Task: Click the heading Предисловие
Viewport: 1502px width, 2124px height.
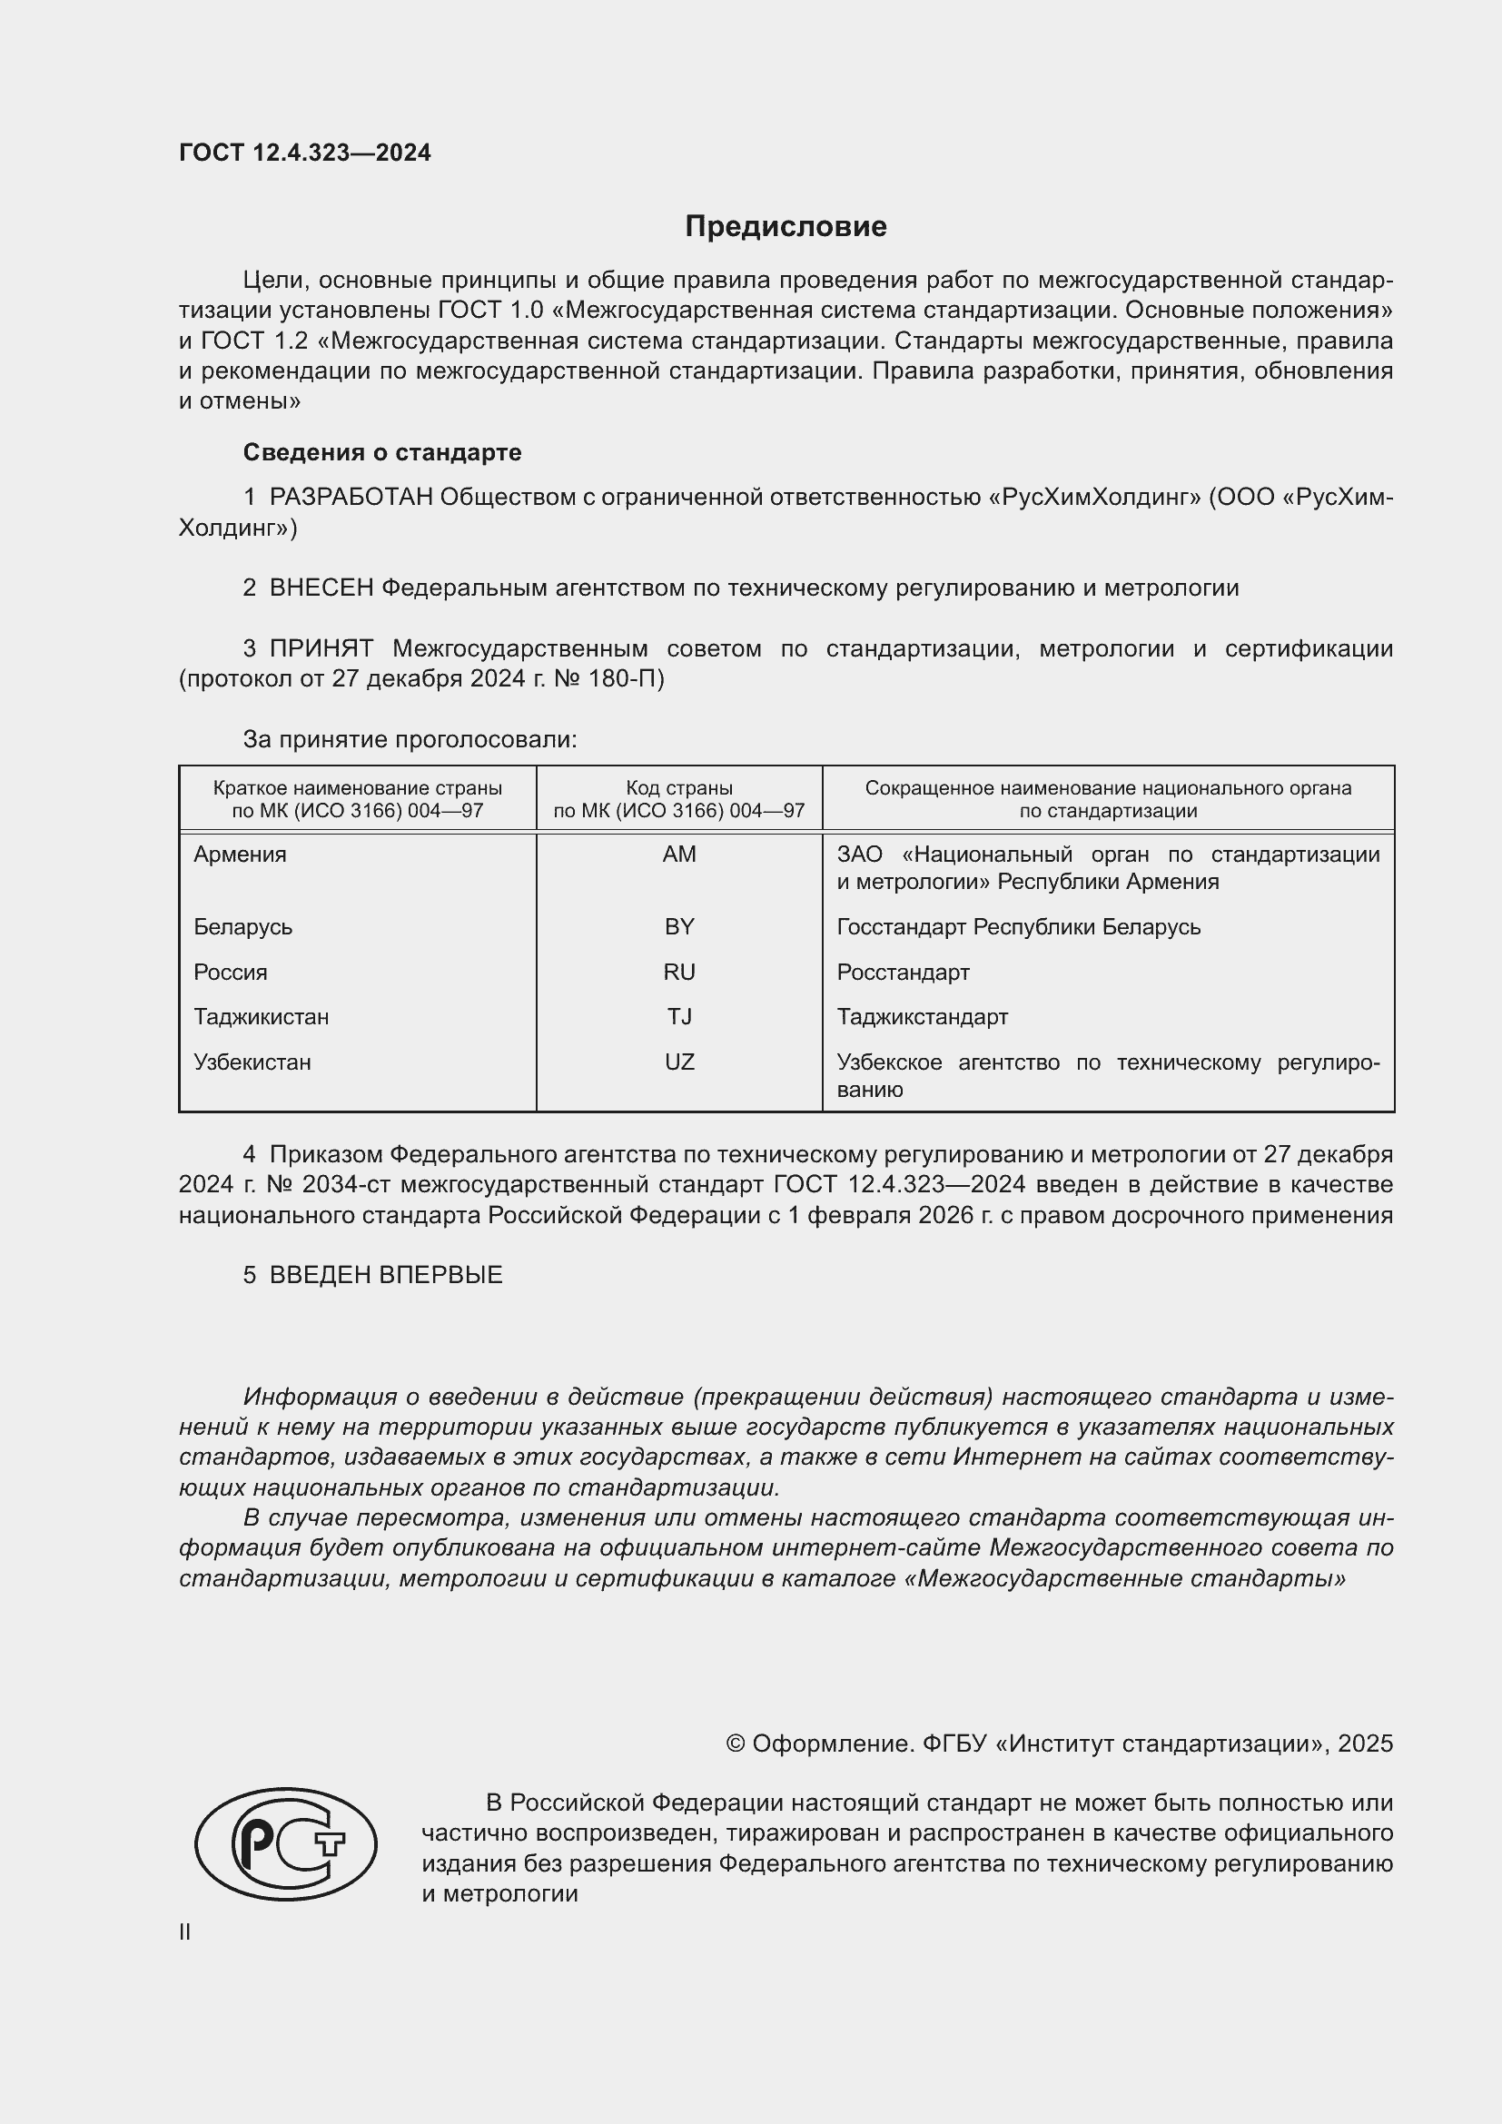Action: [x=786, y=227]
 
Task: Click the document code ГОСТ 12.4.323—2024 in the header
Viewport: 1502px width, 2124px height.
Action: [x=305, y=153]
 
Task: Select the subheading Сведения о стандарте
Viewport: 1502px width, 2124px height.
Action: [x=382, y=452]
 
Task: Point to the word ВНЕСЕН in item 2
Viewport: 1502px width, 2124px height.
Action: [x=321, y=588]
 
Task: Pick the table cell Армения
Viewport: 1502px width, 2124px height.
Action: [x=241, y=855]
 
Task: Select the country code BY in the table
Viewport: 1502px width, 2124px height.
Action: [x=679, y=927]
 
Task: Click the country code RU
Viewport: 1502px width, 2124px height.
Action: [x=679, y=973]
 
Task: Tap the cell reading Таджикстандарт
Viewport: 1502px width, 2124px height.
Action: [x=922, y=1018]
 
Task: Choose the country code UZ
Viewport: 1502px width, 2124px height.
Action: [x=679, y=1063]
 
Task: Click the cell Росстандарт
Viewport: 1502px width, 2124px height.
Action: [x=903, y=973]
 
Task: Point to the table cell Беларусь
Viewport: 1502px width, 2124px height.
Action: [x=243, y=927]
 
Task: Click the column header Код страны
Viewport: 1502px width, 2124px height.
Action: [x=679, y=788]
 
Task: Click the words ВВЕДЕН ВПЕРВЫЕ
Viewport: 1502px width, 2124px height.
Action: [x=386, y=1275]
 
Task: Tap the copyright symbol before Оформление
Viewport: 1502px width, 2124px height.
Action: [x=736, y=1744]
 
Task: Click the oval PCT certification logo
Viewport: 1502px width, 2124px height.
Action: [x=286, y=1843]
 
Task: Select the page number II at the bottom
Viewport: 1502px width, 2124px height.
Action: [x=185, y=1931]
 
